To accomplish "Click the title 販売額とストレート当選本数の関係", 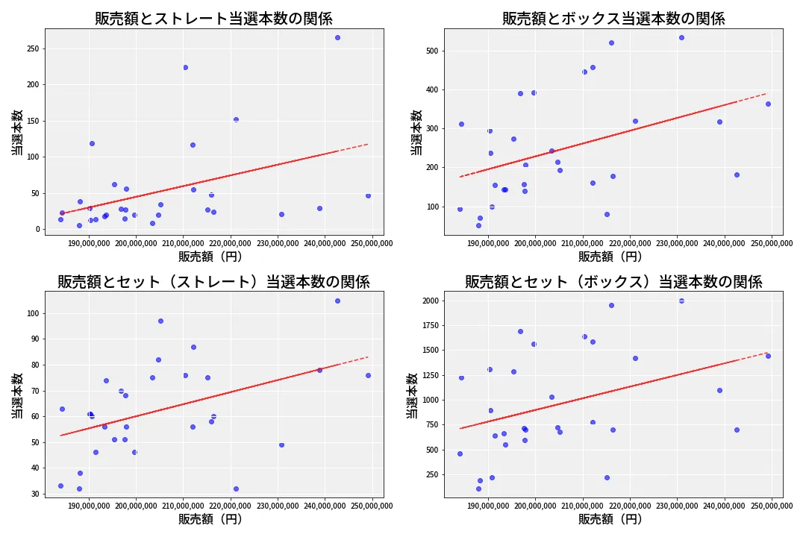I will point(213,19).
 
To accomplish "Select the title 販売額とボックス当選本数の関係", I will point(613,19).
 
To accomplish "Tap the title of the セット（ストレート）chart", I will point(213,281).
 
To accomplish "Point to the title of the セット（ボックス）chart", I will point(613,281).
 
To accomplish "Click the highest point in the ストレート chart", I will point(337,37).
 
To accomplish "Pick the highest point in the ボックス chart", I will point(681,37).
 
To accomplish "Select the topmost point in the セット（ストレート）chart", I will point(337,301).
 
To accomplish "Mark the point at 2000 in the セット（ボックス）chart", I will point(681,301).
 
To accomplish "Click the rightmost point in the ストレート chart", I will point(368,195).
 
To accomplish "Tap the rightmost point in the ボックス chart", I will point(768,104).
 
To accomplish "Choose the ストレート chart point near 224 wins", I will point(185,67).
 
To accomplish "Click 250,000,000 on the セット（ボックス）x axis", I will point(771,506).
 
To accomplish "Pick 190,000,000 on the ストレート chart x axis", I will point(90,242).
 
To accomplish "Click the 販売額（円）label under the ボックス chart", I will point(610,256).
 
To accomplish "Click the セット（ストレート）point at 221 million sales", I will point(236,489).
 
